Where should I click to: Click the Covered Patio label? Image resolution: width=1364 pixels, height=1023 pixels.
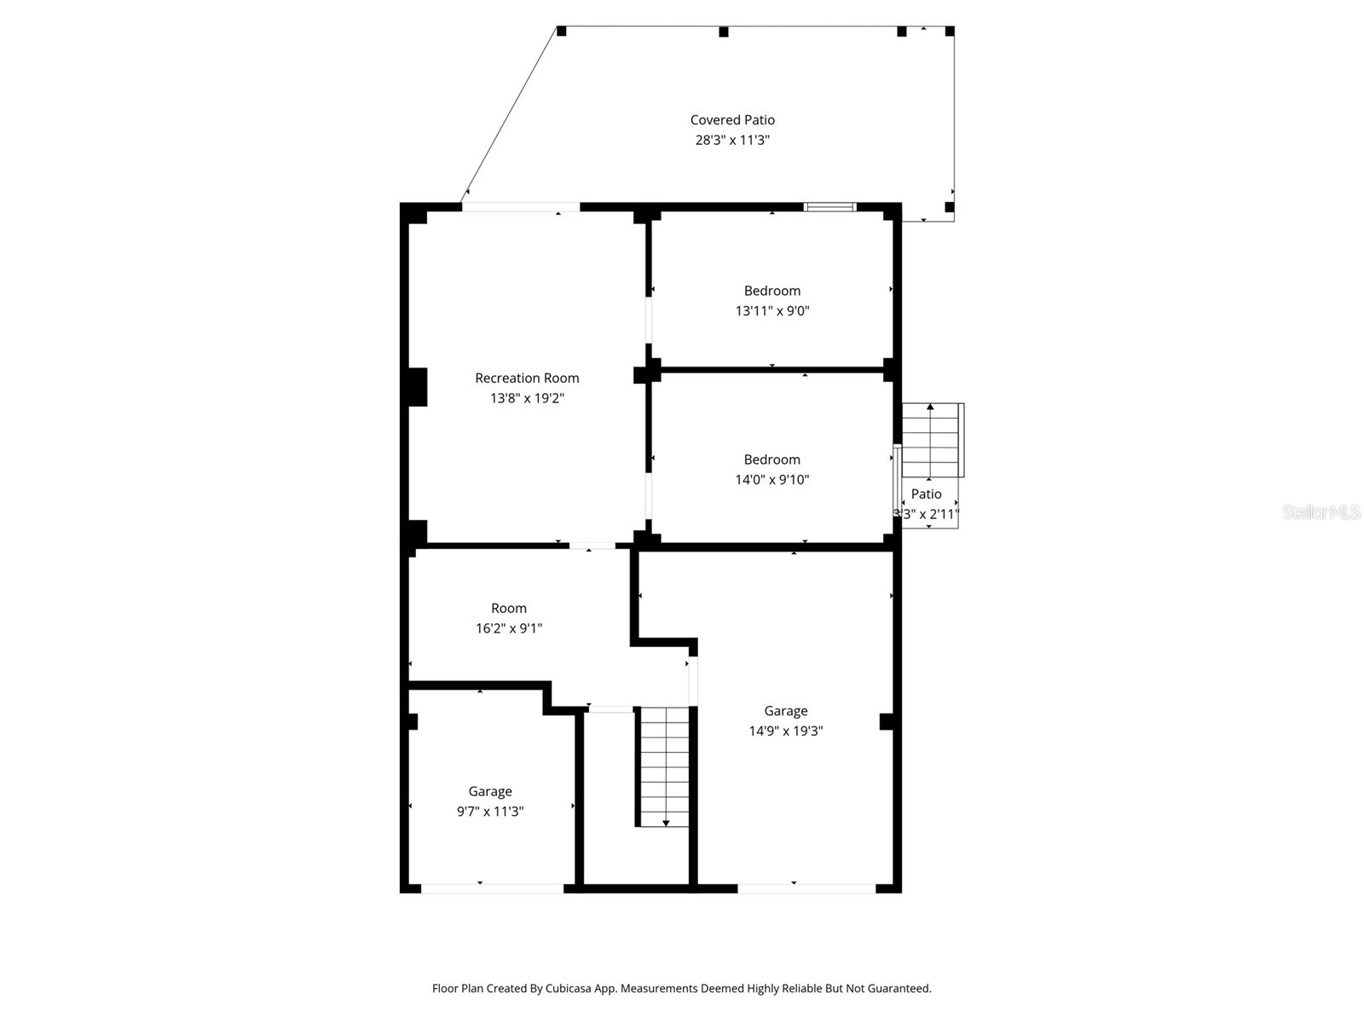[732, 120]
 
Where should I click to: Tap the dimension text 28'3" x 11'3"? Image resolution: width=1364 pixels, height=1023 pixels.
[732, 140]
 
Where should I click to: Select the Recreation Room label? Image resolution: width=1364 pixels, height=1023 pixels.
[527, 378]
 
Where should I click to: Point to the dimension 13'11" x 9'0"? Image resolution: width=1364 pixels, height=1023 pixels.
[772, 311]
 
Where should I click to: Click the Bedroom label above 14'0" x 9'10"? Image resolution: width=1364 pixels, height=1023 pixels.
[772, 459]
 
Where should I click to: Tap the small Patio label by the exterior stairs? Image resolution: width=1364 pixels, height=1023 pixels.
[926, 494]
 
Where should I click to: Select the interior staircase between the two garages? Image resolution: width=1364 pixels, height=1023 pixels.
[664, 766]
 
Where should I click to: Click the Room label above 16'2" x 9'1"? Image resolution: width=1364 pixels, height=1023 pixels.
[509, 608]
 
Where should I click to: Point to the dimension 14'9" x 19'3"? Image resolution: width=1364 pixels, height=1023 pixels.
[785, 731]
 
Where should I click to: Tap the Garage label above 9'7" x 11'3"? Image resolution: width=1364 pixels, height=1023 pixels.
[490, 791]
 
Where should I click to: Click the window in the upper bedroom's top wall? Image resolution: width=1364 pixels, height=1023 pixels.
[830, 206]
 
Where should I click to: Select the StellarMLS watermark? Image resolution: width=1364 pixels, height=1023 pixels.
[1321, 511]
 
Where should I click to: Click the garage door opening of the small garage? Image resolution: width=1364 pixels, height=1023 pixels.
[492, 888]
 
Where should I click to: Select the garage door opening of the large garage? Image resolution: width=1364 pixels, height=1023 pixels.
[806, 888]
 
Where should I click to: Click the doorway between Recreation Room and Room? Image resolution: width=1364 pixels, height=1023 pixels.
[592, 546]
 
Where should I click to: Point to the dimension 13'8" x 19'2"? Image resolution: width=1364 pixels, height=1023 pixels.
[527, 398]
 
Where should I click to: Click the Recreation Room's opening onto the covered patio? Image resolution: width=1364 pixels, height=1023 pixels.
[520, 206]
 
